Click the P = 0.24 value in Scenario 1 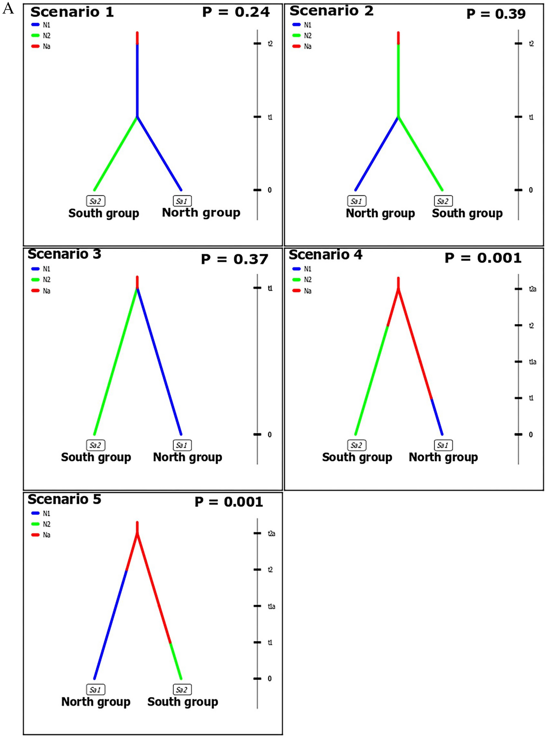click(x=236, y=12)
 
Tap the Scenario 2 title click(x=331, y=11)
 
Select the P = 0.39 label click(x=496, y=14)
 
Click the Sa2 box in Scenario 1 click(x=95, y=201)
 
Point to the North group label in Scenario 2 click(x=380, y=213)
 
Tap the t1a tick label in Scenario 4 click(x=532, y=362)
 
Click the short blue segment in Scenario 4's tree click(x=437, y=416)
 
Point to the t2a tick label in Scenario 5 click(x=271, y=533)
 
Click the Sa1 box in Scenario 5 click(x=95, y=690)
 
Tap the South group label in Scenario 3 click(x=96, y=457)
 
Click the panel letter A click(x=8, y=8)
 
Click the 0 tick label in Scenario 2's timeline click(x=531, y=190)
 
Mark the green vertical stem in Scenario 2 click(x=398, y=80)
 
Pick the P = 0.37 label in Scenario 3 click(x=234, y=259)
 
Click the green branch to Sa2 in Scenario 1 click(x=116, y=154)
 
